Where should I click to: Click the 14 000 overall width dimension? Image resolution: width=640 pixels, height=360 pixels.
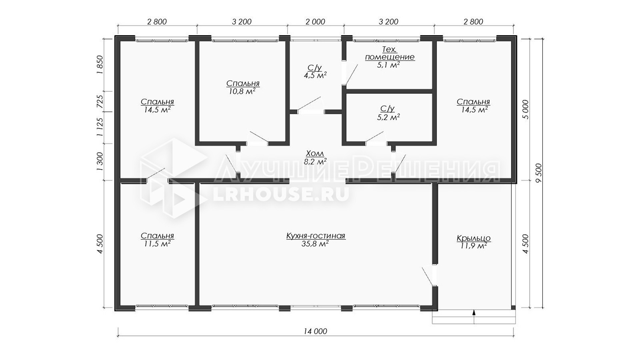pos(315,331)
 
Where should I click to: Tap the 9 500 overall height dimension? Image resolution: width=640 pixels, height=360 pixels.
pos(539,173)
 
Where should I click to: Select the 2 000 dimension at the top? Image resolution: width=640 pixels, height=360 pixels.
pos(315,22)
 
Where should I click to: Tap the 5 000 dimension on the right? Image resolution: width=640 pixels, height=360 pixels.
pos(525,110)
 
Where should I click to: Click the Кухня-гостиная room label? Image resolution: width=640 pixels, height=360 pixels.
pos(316,236)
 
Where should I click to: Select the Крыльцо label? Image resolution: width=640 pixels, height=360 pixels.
pos(474,239)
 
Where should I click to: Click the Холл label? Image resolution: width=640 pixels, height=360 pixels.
pos(315,154)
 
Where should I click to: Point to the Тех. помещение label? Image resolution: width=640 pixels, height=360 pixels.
pos(390,53)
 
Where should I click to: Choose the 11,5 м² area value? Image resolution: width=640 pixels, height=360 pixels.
pos(157,244)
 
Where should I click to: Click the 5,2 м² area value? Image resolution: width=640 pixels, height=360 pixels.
pos(388,117)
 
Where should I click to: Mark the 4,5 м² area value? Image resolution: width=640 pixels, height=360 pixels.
pos(315,75)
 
